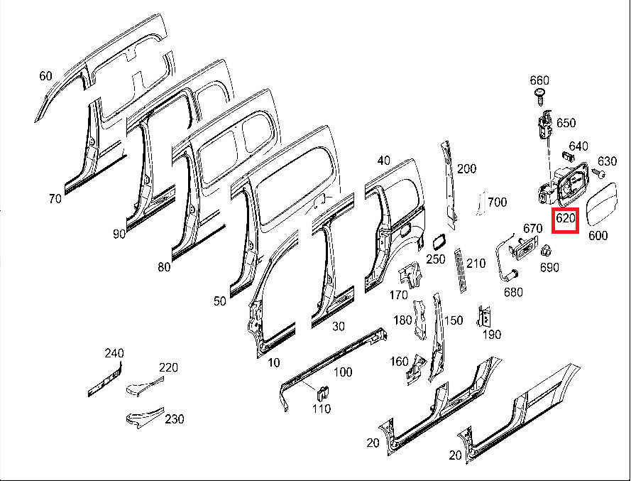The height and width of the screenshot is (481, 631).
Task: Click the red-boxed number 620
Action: pos(566,219)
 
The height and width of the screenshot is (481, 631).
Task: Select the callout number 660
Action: pos(540,80)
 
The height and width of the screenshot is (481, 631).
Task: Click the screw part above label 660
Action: pos(540,95)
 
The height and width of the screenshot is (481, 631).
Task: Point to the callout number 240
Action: pos(114,353)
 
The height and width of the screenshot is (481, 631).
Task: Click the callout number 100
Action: pos(343,372)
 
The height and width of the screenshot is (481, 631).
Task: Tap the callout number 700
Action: pos(498,202)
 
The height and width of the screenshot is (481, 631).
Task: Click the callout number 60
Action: pos(46,76)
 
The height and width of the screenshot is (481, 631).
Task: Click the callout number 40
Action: pos(384,161)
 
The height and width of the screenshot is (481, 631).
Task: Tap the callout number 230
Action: pos(175,419)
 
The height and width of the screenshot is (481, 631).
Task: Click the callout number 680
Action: pos(512,292)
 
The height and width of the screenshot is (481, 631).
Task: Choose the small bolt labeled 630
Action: pos(600,173)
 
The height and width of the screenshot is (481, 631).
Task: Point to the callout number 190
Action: pos(491,335)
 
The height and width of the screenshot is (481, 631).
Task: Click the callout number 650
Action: pos(566,123)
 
